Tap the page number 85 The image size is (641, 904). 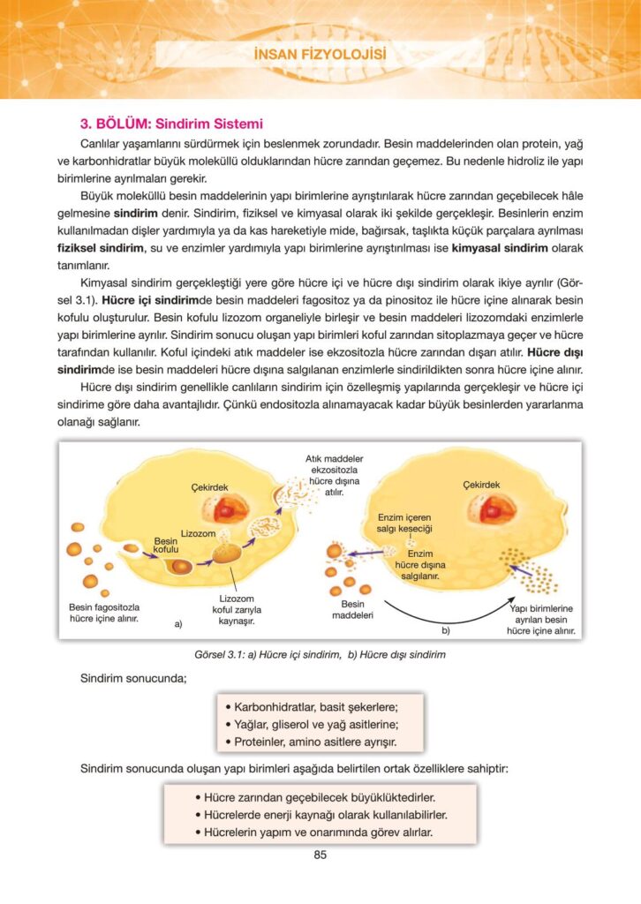320,855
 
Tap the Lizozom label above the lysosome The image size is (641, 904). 197,534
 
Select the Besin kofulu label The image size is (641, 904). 167,545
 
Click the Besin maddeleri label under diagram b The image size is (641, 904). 353,609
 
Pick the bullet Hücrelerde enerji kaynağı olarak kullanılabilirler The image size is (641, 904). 320,814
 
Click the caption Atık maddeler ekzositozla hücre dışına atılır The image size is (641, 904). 335,476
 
